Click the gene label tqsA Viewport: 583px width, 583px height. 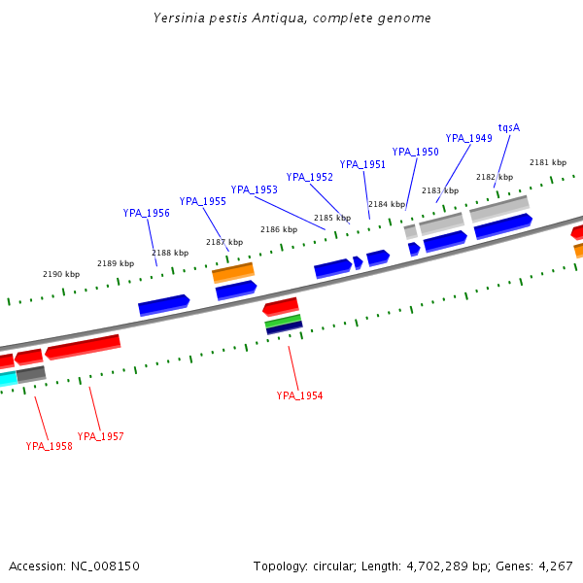pyautogui.click(x=509, y=127)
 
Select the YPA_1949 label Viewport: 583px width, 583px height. pyautogui.click(x=468, y=138)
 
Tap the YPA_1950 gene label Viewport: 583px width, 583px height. pyautogui.click(x=415, y=152)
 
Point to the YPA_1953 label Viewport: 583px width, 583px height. pyautogui.click(x=254, y=189)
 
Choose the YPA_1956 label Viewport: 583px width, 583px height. pyautogui.click(x=146, y=213)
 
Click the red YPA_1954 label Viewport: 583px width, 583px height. pyautogui.click(x=299, y=395)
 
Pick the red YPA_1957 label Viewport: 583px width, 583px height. pyautogui.click(x=100, y=436)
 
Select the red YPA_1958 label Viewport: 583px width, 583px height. pyautogui.click(x=49, y=446)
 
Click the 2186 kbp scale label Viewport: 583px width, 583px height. pyautogui.click(x=278, y=229)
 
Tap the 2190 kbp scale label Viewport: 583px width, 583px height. pyautogui.click(x=60, y=274)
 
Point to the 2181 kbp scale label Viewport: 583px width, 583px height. pyautogui.click(x=547, y=162)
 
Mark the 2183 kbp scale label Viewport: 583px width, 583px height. pyautogui.click(x=439, y=190)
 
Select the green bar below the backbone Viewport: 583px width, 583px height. pyautogui.click(x=283, y=321)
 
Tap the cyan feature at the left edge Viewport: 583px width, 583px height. pyautogui.click(x=8, y=378)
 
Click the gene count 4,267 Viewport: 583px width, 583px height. pyautogui.click(x=555, y=566)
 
